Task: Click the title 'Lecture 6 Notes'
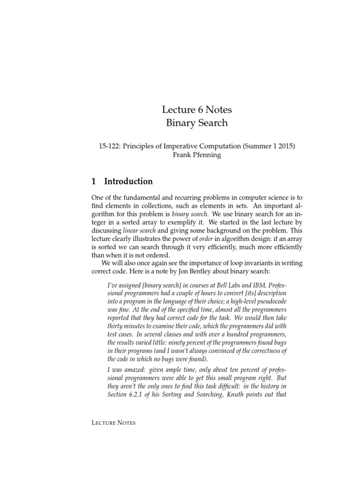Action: tap(197, 110)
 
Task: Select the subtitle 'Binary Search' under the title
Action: tap(197, 123)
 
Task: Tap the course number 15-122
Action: tap(106, 146)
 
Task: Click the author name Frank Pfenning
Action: tap(197, 156)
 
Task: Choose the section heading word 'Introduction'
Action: tap(128, 181)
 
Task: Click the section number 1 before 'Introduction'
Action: tap(94, 181)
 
